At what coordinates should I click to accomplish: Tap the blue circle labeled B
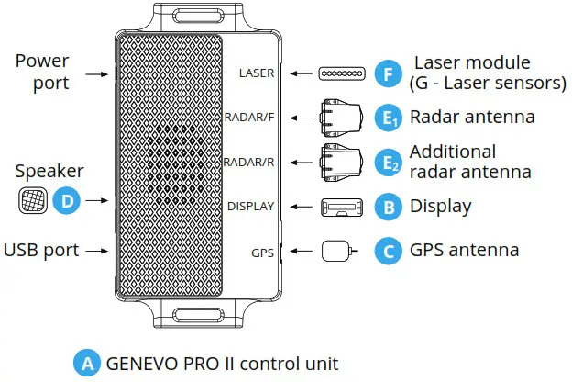390,207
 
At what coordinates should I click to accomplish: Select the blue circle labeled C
390,250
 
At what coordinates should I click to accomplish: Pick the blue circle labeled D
65,198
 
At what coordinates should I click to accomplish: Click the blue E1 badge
390,118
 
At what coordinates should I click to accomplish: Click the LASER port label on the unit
256,73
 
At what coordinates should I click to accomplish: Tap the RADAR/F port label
248,118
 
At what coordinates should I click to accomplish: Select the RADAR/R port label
248,163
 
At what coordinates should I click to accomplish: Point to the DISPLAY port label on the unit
251,207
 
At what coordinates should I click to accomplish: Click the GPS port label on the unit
264,251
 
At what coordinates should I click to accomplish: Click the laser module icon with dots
341,73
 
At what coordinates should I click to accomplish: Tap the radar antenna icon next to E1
339,118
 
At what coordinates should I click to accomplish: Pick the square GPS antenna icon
335,251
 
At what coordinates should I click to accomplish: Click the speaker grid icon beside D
31,198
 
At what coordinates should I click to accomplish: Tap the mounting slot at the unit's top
199,16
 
